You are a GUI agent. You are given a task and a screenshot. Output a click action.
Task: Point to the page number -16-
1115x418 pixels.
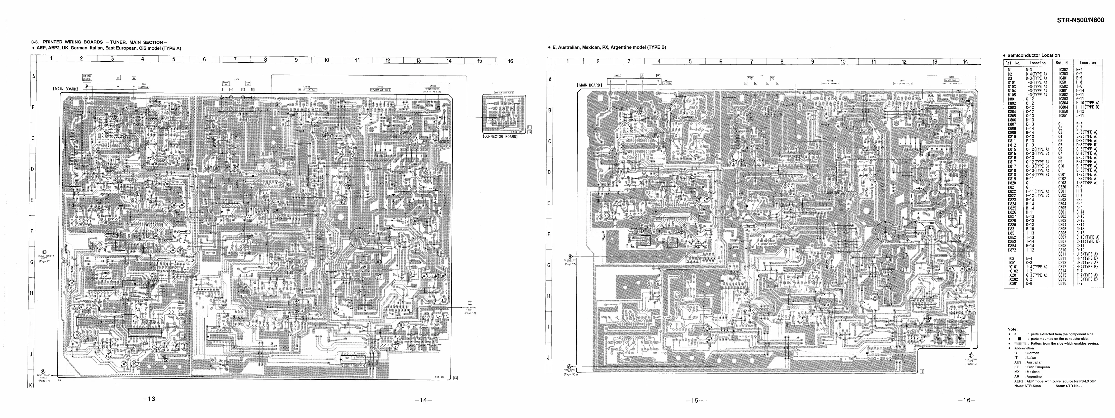point(967,400)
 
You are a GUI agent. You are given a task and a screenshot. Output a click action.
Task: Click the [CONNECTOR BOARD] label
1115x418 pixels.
point(500,137)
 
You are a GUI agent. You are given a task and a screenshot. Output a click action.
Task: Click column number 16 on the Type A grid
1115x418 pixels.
point(510,61)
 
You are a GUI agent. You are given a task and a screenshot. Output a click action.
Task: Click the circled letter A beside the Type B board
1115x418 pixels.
point(570,366)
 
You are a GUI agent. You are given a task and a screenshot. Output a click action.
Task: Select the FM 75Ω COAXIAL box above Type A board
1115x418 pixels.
point(86,78)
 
